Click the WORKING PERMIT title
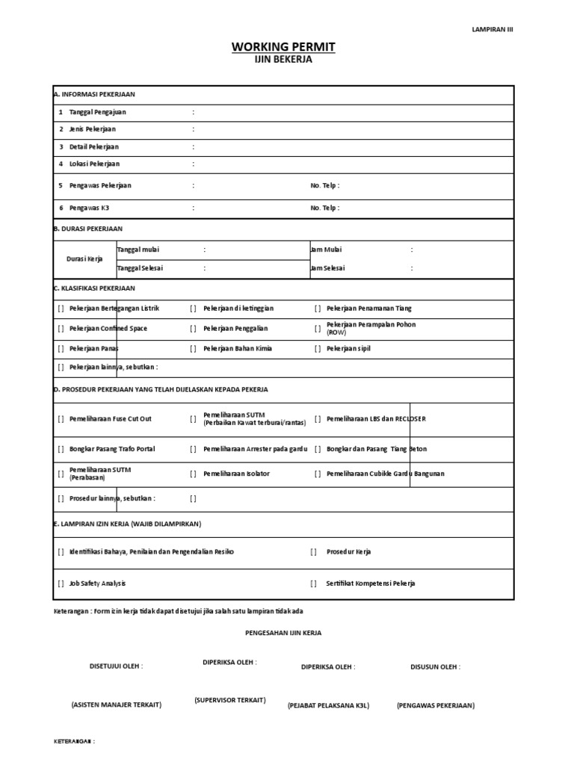coord(283,47)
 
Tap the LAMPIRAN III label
coord(493,29)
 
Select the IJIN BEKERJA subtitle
coord(283,61)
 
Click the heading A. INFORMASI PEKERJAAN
coord(94,95)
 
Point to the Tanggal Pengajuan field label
coord(97,112)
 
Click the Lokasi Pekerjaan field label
coord(94,164)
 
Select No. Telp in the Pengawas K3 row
coord(324,208)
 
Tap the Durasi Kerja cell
coord(84,258)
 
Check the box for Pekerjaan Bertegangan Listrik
coord(61,309)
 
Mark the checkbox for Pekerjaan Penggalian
coord(193,329)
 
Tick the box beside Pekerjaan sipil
coord(318,349)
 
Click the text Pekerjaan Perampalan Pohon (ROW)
coord(371,329)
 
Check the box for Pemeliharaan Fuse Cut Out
coord(61,419)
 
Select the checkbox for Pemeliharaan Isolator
coord(193,474)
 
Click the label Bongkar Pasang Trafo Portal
coord(112,449)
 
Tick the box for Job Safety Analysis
coord(61,583)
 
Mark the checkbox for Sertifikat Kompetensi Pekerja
coord(314,583)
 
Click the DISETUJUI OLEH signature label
coord(116,666)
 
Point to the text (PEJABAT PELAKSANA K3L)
coord(328,705)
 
